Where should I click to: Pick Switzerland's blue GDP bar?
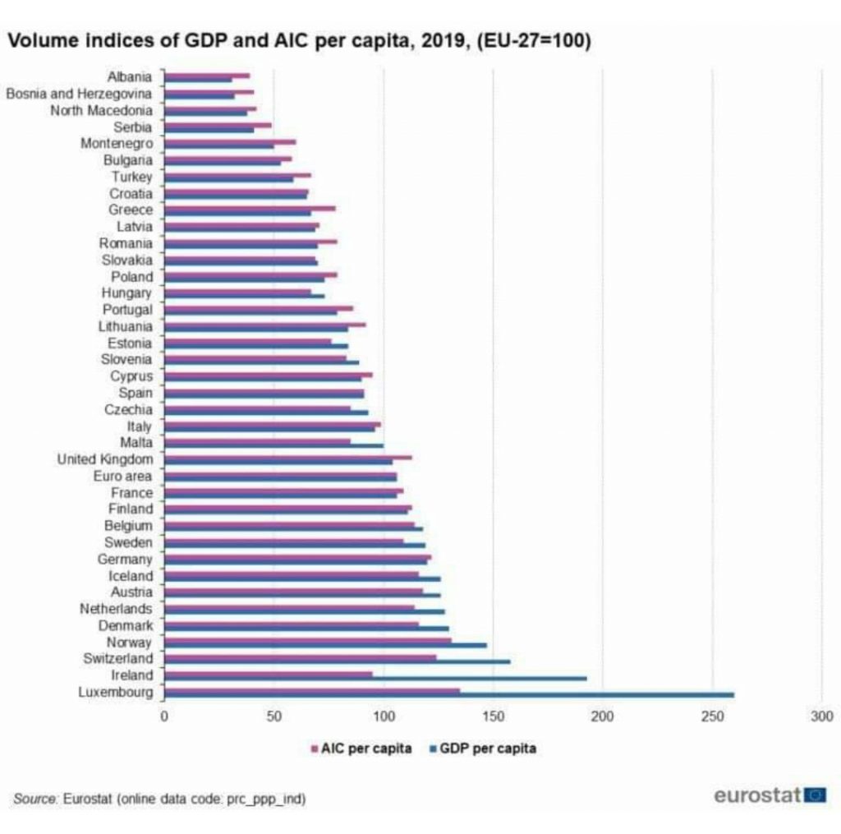337,661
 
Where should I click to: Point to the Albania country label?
130,76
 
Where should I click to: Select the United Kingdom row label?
104,459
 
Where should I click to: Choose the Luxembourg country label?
115,692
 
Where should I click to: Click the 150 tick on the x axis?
493,715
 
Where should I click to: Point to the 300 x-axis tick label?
821,715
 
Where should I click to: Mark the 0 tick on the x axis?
164,715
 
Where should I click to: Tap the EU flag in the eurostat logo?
816,795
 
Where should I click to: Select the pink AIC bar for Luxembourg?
312,689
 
